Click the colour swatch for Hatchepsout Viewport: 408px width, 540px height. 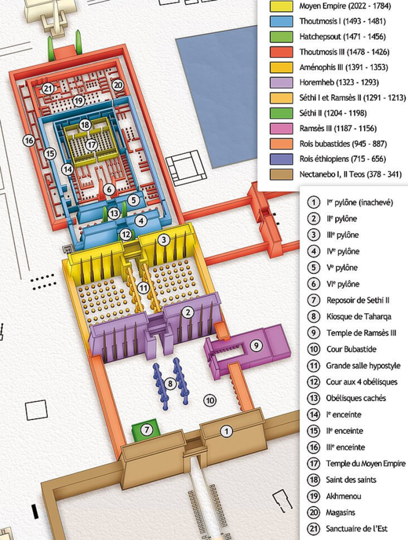coord(281,37)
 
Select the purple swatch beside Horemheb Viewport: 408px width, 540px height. coord(281,82)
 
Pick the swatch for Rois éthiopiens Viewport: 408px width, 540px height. coord(281,159)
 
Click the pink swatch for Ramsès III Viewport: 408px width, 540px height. coord(281,128)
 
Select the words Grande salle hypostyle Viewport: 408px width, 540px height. coord(363,365)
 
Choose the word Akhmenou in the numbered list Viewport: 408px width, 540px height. coord(344,496)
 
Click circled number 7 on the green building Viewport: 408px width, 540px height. coord(147,430)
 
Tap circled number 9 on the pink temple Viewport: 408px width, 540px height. coord(255,345)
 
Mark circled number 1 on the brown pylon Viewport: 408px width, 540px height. coord(227,431)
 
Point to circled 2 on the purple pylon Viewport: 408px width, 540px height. coord(186,312)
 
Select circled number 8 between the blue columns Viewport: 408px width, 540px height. coord(170,384)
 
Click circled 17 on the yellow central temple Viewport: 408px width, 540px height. coord(92,143)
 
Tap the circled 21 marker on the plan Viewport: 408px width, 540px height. coord(48,89)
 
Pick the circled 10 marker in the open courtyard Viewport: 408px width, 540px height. coord(210,401)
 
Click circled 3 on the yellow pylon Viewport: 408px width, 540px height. coord(164,240)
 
